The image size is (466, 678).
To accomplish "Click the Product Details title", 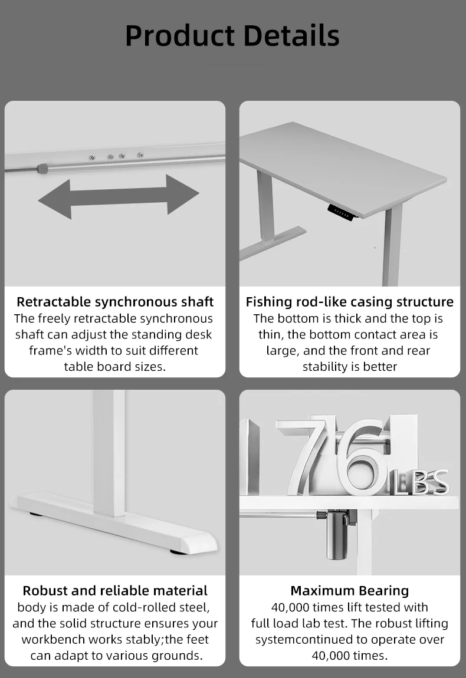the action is tap(232, 36).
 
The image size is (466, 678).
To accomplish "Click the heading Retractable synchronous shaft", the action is tap(115, 301).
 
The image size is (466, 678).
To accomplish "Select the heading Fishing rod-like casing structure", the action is tap(350, 301).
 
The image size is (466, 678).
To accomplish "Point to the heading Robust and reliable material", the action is tap(115, 590).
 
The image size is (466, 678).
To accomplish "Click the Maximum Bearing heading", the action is tap(350, 590).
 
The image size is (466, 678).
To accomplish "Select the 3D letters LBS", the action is tap(420, 482).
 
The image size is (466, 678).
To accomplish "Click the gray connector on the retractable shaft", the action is tap(42, 168).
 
